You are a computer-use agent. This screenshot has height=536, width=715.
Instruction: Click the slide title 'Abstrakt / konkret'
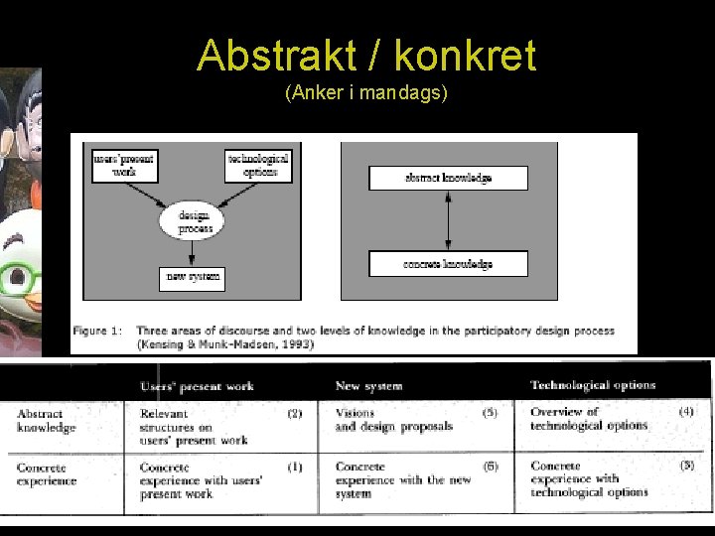coord(366,56)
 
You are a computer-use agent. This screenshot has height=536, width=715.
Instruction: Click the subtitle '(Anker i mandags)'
coord(365,93)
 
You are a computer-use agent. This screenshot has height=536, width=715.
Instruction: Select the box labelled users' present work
coord(124,165)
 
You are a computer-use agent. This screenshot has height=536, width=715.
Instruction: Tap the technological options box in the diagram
coord(258,165)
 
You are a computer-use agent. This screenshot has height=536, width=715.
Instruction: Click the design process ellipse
coord(195,221)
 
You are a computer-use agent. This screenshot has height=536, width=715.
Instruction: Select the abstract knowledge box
coord(448,179)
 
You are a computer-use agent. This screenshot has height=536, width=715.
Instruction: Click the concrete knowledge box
coord(448,264)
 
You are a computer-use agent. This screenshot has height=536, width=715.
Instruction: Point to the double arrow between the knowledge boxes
coord(448,220)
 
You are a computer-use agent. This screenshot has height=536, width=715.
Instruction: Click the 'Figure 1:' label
coord(97,332)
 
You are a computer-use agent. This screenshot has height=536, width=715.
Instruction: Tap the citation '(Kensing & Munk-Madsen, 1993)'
coord(226,344)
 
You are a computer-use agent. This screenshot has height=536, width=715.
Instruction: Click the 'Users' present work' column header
coord(197,386)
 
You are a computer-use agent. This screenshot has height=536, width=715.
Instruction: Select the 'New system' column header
coord(368,386)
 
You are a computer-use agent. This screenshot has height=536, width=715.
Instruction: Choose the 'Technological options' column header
coord(593,385)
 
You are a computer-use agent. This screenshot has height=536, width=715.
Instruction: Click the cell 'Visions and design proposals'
coord(393,420)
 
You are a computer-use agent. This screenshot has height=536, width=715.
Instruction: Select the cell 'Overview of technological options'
coord(588,419)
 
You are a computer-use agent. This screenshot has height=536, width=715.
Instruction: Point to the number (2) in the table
coord(295,413)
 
